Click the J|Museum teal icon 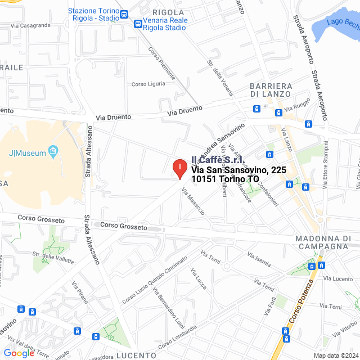(53, 150)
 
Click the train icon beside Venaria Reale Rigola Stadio (138, 24)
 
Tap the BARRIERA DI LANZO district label (271, 89)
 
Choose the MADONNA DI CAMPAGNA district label (323, 242)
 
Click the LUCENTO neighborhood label (136, 355)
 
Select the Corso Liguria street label (148, 84)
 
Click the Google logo (19, 353)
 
